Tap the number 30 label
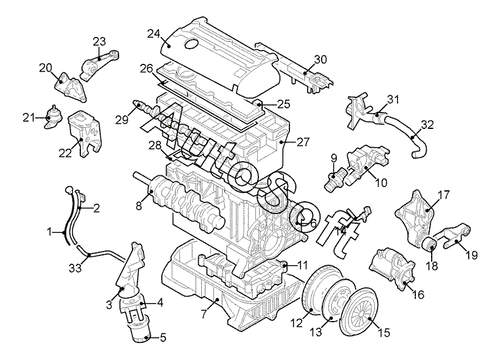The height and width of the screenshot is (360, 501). click(320, 60)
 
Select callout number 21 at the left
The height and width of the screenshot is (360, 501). click(29, 118)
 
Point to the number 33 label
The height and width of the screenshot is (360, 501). click(75, 268)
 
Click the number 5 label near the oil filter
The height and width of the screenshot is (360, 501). click(163, 337)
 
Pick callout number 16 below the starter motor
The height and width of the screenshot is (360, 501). click(418, 294)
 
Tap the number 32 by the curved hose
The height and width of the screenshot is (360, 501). click(427, 125)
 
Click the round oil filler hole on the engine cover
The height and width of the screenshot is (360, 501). click(192, 44)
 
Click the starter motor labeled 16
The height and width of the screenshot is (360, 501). click(392, 269)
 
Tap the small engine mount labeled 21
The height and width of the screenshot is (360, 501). click(52, 116)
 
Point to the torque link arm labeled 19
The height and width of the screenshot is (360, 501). click(454, 237)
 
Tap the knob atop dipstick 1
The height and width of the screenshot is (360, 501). click(68, 190)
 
